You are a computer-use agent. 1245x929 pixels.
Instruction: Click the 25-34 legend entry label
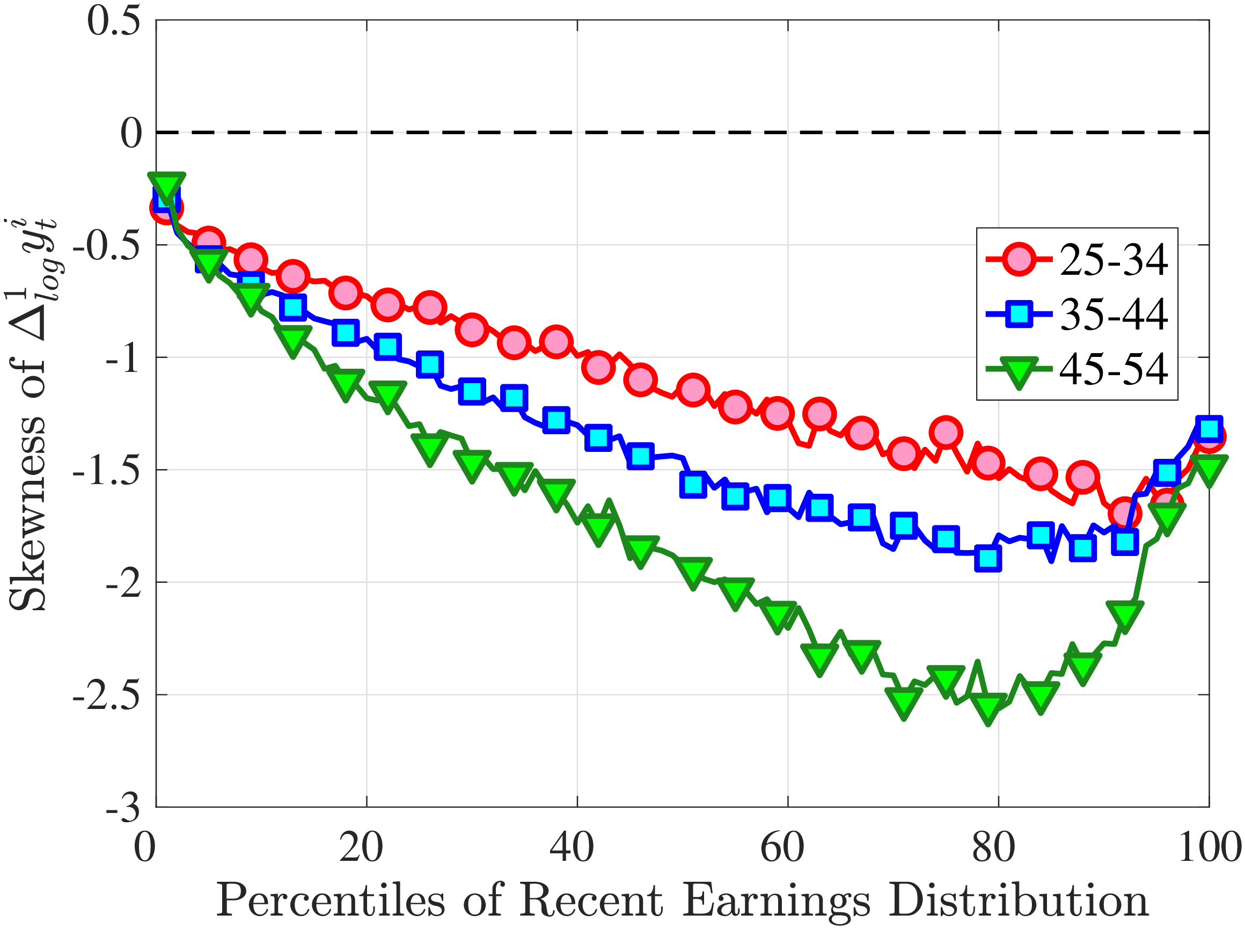pyautogui.click(x=1114, y=260)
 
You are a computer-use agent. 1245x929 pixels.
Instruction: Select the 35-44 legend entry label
pyautogui.click(x=1114, y=314)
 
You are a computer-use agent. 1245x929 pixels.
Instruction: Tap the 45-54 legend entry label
pyautogui.click(x=1114, y=369)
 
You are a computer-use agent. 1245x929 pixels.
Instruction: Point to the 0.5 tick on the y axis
pyautogui.click(x=114, y=21)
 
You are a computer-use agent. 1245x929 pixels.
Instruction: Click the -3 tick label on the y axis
pyautogui.click(x=122, y=808)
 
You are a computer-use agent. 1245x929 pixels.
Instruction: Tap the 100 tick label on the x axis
pyautogui.click(x=1209, y=846)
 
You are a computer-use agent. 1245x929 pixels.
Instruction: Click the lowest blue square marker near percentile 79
pyautogui.click(x=988, y=558)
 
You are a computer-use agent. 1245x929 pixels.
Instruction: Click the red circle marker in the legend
pyautogui.click(x=1019, y=260)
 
